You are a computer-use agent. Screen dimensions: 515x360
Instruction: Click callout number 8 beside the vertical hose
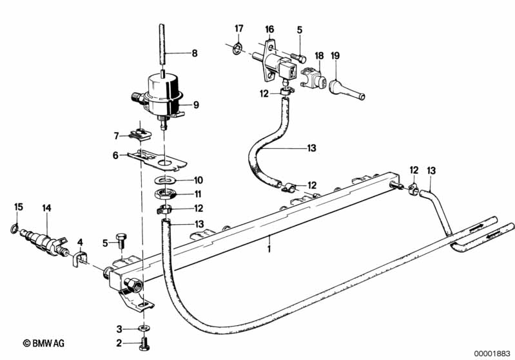point(195,53)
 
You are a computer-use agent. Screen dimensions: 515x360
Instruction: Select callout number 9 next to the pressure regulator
point(196,105)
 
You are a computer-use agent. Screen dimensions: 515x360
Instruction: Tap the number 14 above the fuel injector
point(46,208)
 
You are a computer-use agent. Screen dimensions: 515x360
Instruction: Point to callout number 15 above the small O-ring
point(19,207)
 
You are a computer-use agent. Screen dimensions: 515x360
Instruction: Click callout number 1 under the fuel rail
point(269,249)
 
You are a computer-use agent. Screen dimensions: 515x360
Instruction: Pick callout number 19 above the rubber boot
point(335,55)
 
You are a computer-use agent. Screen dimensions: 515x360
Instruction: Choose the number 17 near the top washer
point(239,28)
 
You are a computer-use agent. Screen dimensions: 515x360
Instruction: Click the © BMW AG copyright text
point(44,343)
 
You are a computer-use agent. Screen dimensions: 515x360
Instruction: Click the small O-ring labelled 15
point(14,229)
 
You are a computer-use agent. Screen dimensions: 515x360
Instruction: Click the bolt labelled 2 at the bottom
point(144,344)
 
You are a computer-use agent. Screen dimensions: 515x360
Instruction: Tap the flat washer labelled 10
point(166,180)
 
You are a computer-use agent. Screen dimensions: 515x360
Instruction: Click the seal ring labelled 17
point(237,50)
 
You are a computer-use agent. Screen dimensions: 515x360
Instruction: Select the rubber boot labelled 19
point(347,88)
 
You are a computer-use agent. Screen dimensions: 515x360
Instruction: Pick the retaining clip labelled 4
point(79,258)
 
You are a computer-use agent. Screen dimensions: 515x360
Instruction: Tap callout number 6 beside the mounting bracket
point(115,155)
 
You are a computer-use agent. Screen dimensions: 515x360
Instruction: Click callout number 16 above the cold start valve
point(269,30)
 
